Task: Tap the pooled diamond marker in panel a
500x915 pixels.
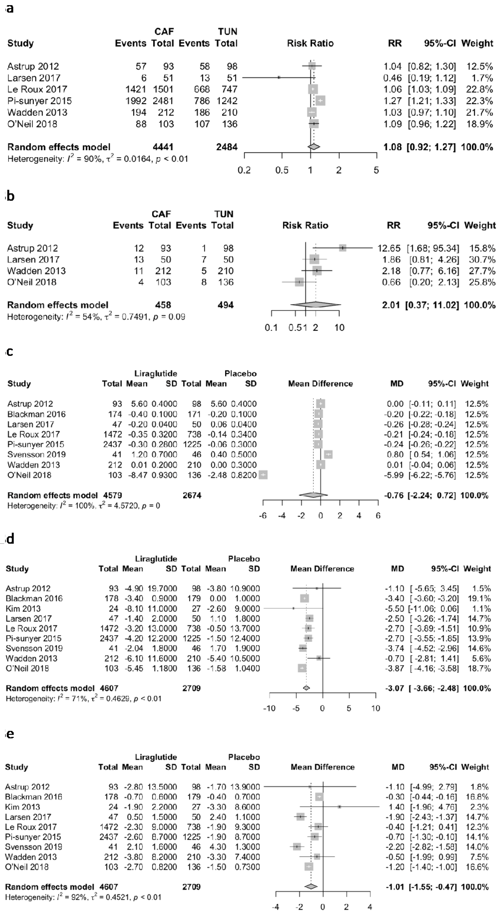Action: coord(314,147)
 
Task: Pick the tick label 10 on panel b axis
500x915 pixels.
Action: coord(339,328)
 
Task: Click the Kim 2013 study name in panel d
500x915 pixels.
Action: coord(23,608)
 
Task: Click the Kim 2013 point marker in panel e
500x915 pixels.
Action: coord(340,807)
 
